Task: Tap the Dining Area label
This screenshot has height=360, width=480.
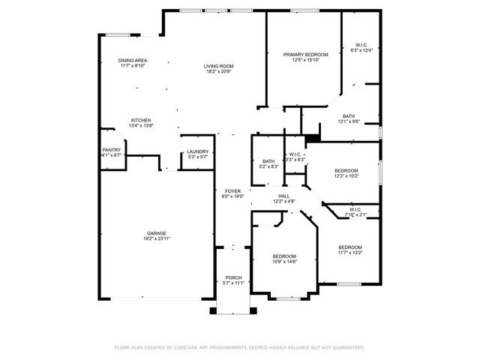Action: point(132,60)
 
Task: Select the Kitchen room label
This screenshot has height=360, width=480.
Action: point(142,120)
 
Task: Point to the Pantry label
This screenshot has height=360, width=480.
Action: point(111,150)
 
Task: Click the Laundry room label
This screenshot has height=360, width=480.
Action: point(198,151)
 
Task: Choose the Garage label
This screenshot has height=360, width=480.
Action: point(157,232)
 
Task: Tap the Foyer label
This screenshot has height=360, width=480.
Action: point(232,191)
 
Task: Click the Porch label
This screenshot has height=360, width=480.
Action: point(234,277)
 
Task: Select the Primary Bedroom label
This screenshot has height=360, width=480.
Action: point(306,55)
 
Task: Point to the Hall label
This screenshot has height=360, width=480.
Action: point(284,196)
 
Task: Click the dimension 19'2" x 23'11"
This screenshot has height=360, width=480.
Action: point(157,238)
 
